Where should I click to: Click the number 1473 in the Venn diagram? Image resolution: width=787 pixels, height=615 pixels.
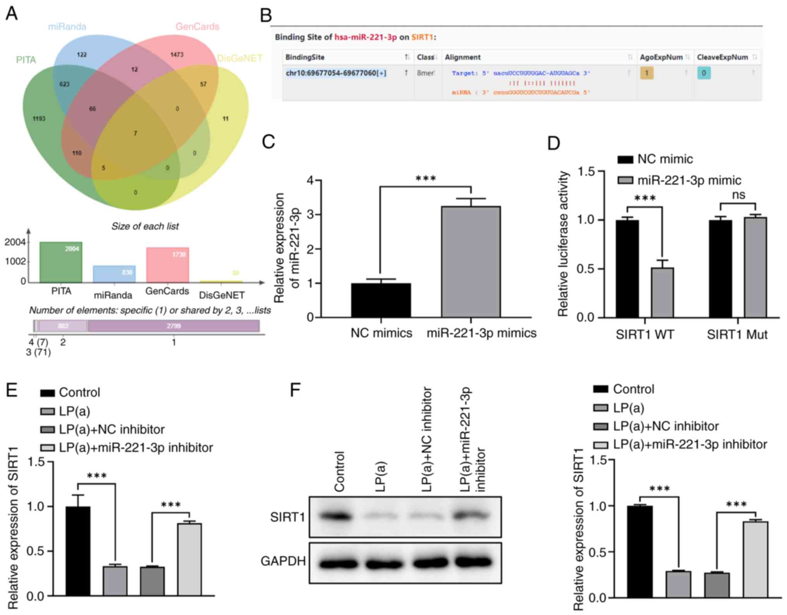pyautogui.click(x=177, y=55)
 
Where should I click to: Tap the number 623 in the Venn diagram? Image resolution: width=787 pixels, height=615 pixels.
pyautogui.click(x=64, y=84)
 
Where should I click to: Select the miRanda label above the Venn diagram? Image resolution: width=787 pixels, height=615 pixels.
pyautogui.click(x=67, y=27)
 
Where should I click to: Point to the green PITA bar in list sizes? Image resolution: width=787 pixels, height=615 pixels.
pyautogui.click(x=61, y=262)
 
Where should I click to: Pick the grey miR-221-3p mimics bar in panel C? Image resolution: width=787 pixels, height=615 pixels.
pyautogui.click(x=471, y=261)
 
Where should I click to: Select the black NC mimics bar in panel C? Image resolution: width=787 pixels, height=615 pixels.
pyautogui.click(x=381, y=300)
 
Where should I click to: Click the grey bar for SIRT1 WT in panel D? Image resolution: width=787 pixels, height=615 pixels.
pyautogui.click(x=662, y=292)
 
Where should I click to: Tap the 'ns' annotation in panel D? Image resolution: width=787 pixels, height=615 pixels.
pyautogui.click(x=739, y=195)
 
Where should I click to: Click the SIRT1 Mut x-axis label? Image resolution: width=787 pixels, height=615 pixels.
pyautogui.click(x=737, y=335)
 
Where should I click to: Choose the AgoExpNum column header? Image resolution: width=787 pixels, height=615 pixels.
pyautogui.click(x=661, y=57)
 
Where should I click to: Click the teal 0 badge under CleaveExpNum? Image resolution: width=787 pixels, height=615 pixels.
pyautogui.click(x=704, y=73)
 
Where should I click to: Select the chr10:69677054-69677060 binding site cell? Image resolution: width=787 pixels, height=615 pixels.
pyautogui.click(x=336, y=73)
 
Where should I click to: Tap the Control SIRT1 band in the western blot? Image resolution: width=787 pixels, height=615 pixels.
pyautogui.click(x=335, y=517)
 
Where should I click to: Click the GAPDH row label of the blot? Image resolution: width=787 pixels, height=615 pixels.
pyautogui.click(x=283, y=561)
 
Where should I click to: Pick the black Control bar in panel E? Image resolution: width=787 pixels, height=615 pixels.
pyautogui.click(x=78, y=550)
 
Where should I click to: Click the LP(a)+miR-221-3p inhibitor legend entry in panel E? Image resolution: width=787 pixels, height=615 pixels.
pyautogui.click(x=136, y=448)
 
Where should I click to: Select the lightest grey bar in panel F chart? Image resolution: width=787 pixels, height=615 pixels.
pyautogui.click(x=755, y=559)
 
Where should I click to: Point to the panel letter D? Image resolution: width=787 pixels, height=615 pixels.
pyautogui.click(x=553, y=143)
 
